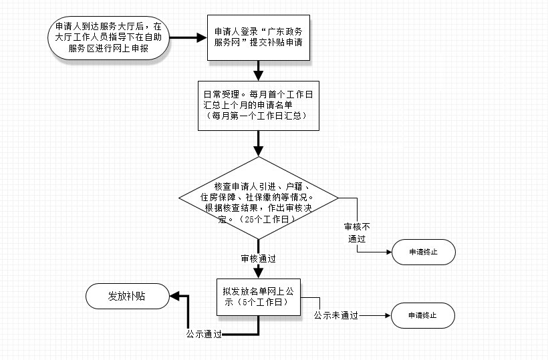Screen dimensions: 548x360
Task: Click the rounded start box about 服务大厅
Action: click(109, 37)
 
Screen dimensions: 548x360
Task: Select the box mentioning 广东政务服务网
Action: click(259, 37)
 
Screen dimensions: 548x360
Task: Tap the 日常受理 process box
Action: click(259, 106)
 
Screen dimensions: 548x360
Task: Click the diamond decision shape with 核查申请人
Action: click(259, 198)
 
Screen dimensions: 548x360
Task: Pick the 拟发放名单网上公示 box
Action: click(259, 297)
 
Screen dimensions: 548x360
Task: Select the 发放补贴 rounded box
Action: click(128, 296)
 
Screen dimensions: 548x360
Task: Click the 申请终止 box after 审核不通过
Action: click(424, 252)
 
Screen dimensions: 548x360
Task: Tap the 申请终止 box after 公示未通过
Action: click(423, 316)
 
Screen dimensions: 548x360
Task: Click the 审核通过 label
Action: click(259, 258)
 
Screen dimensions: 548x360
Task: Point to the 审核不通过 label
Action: click(357, 233)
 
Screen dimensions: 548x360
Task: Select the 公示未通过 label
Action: click(336, 316)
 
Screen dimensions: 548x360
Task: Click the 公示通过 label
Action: click(204, 334)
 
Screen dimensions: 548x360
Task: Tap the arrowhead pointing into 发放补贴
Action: click(174, 296)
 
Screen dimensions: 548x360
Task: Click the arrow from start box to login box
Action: click(188, 37)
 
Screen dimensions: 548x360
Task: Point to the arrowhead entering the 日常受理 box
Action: click(259, 75)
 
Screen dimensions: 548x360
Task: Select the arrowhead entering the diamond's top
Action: click(259, 151)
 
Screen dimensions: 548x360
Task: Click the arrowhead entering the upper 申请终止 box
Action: click(389, 252)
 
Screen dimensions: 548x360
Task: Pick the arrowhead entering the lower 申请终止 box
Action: click(388, 316)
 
